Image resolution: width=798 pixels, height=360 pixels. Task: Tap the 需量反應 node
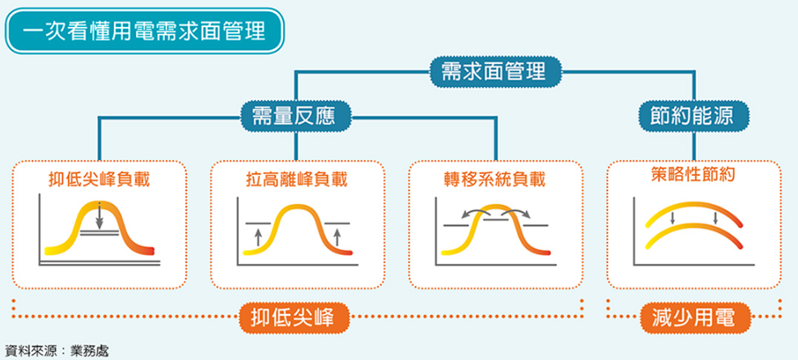296,116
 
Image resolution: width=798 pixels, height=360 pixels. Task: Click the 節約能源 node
693,116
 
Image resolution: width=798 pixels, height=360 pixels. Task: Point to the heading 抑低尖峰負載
99,179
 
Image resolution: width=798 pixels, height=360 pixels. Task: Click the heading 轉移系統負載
495,179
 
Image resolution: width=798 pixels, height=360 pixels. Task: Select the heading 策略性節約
693,175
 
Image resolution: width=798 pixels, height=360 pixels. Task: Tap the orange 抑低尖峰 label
296,317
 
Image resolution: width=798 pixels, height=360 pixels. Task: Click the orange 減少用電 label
693,317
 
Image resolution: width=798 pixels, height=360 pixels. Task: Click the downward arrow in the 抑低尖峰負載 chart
99,216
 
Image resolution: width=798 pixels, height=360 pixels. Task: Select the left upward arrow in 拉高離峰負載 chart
258,237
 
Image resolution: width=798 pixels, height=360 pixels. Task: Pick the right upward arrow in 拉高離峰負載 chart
336,237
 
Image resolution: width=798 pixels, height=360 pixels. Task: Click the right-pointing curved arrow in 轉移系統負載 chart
514,212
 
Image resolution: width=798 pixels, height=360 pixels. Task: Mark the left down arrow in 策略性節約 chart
673,218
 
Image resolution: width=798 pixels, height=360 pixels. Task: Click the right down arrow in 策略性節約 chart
715,218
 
